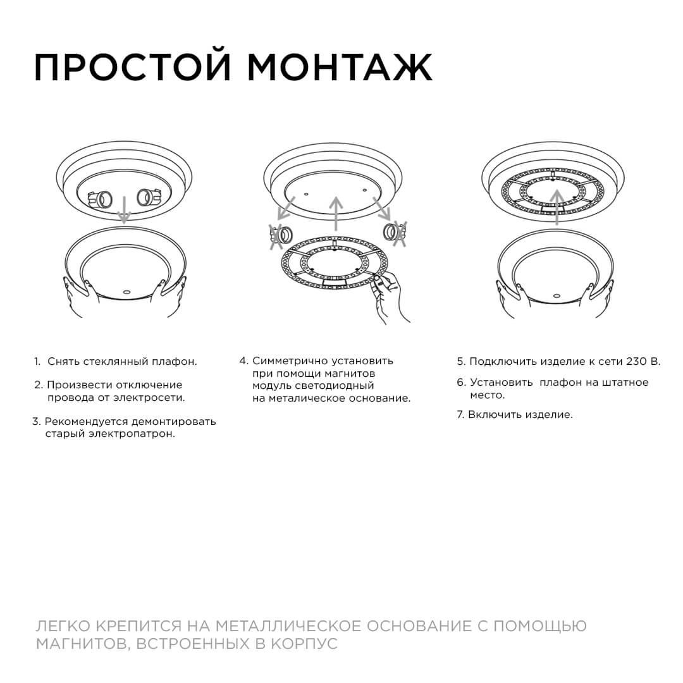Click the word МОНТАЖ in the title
(340, 67)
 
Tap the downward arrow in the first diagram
(125, 209)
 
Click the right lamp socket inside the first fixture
(149, 199)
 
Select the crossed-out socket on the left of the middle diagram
(282, 235)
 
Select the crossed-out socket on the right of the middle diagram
(393, 233)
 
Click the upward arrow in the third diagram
(557, 206)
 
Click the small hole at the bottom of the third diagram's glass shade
(557, 295)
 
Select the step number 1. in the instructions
(37, 362)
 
